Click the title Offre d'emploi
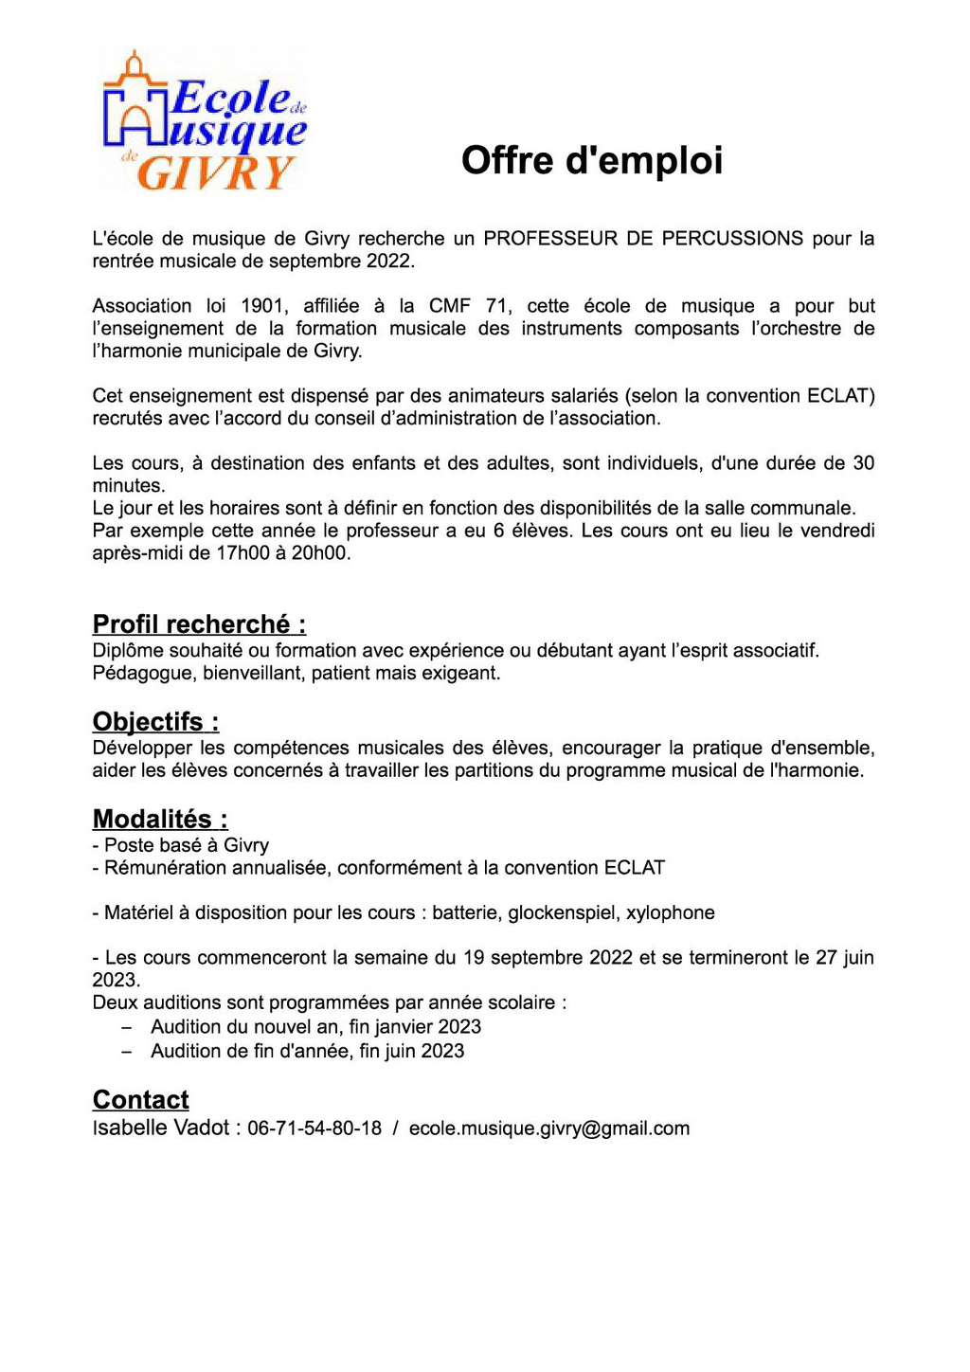coord(592,160)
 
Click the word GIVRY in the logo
coord(215,172)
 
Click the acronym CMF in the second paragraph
coord(449,305)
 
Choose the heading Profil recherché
coord(199,624)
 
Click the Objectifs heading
coord(155,722)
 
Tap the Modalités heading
coord(160,820)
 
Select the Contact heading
coord(140,1100)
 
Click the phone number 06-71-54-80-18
coord(314,1128)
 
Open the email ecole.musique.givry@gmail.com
coord(549,1128)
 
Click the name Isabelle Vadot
coord(161,1128)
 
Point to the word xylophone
coord(670,912)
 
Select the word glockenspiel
coord(562,912)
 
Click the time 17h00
coord(242,553)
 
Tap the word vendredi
coord(837,531)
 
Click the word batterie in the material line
coord(465,912)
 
